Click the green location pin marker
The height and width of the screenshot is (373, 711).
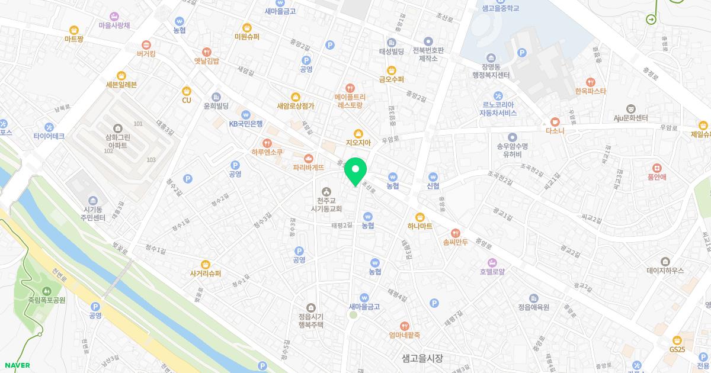[355, 172]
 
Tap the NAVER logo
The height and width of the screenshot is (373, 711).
[16, 365]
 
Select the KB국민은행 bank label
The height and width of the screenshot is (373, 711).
[246, 124]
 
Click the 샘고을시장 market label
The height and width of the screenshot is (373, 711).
[422, 358]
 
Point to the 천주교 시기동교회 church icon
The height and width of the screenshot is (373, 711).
[326, 191]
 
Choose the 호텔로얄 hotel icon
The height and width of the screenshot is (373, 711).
[492, 262]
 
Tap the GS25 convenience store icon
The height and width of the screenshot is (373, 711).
[677, 340]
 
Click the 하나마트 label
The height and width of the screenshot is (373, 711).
[420, 226]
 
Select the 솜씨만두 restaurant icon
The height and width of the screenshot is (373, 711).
[455, 233]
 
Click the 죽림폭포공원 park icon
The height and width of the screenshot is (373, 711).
[46, 290]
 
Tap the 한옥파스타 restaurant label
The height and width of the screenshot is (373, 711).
[590, 91]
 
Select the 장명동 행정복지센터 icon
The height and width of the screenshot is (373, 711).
[491, 57]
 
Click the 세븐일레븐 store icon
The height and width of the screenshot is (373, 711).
[121, 75]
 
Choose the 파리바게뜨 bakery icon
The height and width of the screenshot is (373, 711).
[308, 158]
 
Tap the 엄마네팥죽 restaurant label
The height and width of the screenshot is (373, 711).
[405, 335]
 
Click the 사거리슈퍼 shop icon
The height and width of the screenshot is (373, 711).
[206, 264]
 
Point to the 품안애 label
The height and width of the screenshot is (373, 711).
[657, 176]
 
